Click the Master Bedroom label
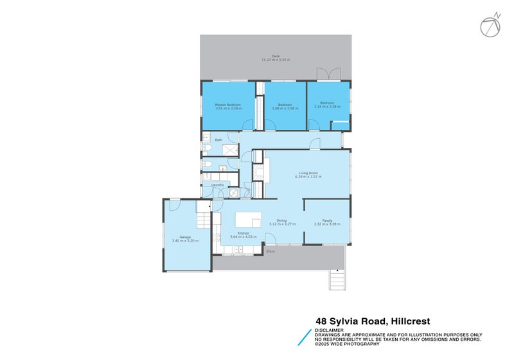tap(228, 104)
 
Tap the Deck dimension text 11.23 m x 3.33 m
tap(276, 60)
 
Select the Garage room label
tap(185, 237)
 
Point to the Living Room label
tap(308, 172)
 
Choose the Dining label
tap(281, 220)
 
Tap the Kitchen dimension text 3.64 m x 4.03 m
tap(244, 237)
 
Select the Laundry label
tap(218, 185)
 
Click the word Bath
tap(218, 139)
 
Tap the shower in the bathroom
tap(230, 149)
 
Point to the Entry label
tap(270, 251)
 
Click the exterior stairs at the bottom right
tap(336, 280)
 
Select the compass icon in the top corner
tap(490, 25)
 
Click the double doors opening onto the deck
tap(328, 74)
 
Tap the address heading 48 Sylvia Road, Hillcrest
tap(372, 321)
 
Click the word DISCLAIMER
tap(329, 330)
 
